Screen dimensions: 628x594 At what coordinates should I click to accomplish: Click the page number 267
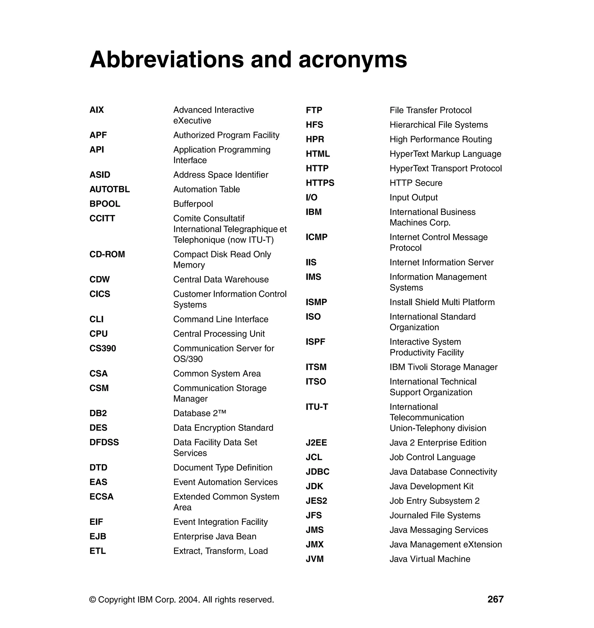point(495,599)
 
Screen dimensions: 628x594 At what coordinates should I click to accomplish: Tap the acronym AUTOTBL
point(110,189)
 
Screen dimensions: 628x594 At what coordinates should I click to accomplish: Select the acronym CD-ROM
point(107,254)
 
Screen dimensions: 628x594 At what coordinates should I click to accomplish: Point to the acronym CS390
point(103,348)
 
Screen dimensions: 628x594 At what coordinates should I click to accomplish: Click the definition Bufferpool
point(193,204)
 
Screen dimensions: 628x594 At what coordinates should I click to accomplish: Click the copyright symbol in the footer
point(93,600)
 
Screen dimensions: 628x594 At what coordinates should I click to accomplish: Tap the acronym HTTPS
point(320,183)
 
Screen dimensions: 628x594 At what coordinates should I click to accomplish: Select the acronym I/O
point(311,197)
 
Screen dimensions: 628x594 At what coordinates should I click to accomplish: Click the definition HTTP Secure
point(416,183)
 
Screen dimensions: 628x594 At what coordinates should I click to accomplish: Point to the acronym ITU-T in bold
point(317,407)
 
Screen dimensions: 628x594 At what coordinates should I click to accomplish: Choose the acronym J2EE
point(316,443)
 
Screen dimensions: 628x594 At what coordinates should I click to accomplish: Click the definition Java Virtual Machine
point(430,559)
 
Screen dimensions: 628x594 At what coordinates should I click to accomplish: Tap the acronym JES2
point(316,501)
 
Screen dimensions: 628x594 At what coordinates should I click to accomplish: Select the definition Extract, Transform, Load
point(220,551)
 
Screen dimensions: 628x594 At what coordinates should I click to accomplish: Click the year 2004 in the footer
point(189,600)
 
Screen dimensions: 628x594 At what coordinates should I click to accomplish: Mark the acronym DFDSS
point(104,442)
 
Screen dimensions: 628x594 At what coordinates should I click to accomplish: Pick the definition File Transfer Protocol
point(430,110)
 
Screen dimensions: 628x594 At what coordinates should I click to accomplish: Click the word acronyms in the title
point(352,59)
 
